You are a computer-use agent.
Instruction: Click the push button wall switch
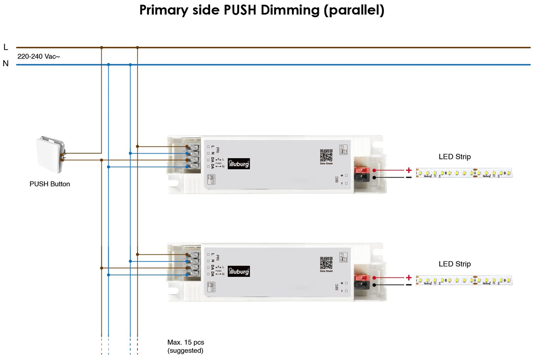click(x=50, y=155)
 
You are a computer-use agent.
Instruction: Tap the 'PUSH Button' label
click(x=50, y=184)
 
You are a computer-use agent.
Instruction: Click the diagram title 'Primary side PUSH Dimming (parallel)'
click(x=262, y=10)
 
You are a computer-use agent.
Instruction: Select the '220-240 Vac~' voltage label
click(x=39, y=56)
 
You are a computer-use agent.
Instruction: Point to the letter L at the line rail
click(x=6, y=47)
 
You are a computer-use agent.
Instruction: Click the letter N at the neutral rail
click(x=6, y=64)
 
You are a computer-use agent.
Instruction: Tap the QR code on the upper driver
click(x=326, y=155)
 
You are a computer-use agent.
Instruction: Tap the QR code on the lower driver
click(x=326, y=262)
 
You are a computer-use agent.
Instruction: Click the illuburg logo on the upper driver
click(x=239, y=163)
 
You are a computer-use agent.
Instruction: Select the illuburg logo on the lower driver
click(x=239, y=271)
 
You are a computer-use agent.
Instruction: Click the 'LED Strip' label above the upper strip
click(x=454, y=157)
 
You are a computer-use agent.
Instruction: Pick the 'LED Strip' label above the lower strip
click(x=454, y=264)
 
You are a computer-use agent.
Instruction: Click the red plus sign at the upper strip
click(x=409, y=170)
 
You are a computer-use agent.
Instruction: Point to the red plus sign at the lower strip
click(x=409, y=278)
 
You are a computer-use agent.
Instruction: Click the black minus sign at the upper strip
click(x=409, y=177)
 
